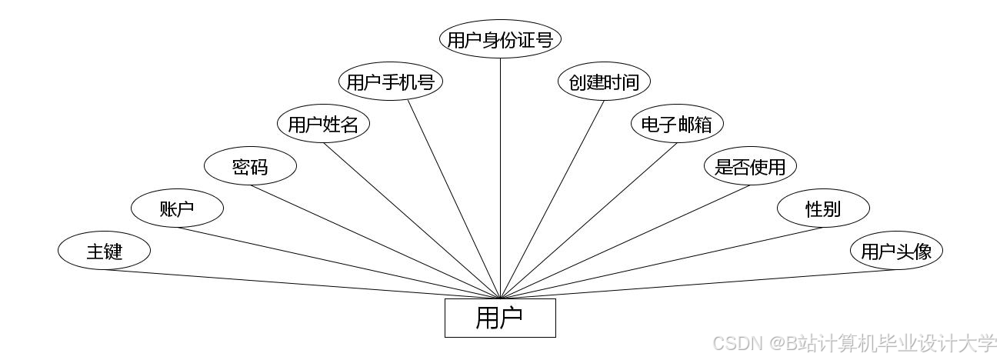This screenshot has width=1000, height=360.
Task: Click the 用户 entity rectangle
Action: point(500,318)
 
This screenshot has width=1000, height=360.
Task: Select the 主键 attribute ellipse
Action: point(104,251)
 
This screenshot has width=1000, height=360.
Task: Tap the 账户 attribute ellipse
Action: point(177,208)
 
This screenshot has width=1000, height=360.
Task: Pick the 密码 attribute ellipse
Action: point(250,166)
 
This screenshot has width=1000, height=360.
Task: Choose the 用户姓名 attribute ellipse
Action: point(323,124)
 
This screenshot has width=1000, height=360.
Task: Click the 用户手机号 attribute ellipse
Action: point(391,82)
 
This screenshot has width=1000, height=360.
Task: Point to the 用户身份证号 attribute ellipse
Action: point(500,39)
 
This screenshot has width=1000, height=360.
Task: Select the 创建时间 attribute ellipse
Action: point(604,82)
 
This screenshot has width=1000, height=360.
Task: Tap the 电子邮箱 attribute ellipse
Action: point(677,124)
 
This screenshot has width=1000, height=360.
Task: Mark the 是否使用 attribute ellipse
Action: point(750,166)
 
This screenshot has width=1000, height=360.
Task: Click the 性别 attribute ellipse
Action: point(823,208)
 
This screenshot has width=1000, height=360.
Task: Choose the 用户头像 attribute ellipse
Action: point(896,251)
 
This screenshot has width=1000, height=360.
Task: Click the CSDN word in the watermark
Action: point(734,342)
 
